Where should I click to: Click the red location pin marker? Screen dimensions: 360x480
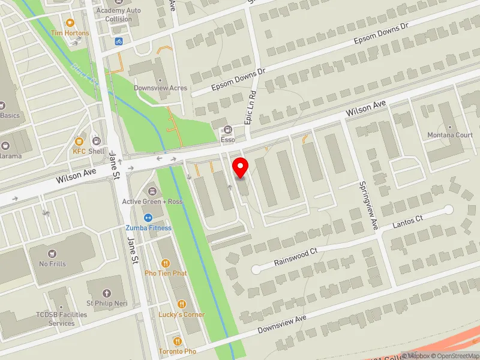(x=241, y=167)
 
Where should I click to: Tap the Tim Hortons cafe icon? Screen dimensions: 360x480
(x=70, y=22)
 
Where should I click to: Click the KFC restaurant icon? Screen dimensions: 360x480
(x=79, y=142)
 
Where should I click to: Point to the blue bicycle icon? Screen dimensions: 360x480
(x=119, y=41)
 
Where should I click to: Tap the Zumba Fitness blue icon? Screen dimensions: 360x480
(x=148, y=217)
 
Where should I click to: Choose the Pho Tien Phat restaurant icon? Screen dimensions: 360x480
(x=165, y=263)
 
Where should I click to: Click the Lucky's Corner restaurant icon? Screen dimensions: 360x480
(x=181, y=304)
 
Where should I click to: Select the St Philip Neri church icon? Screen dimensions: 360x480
(x=107, y=293)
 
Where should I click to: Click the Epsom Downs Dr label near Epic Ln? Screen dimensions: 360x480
(x=238, y=80)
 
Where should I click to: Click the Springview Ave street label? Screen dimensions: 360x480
(x=367, y=206)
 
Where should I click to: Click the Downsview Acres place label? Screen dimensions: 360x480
(x=160, y=88)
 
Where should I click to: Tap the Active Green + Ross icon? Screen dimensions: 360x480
(x=152, y=191)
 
